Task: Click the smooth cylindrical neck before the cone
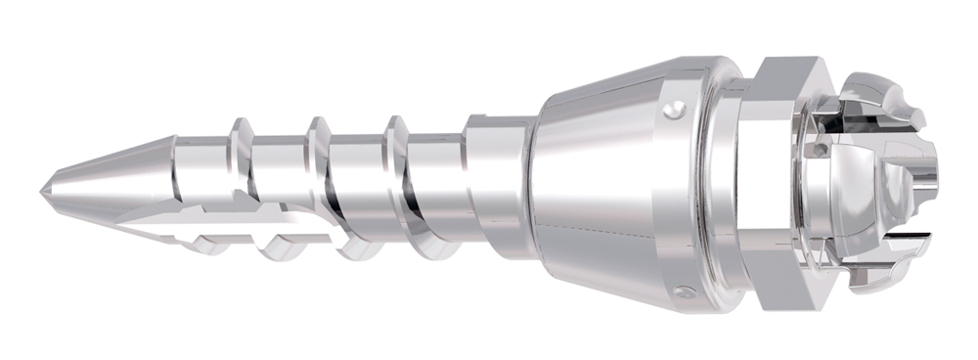click(499, 181)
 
